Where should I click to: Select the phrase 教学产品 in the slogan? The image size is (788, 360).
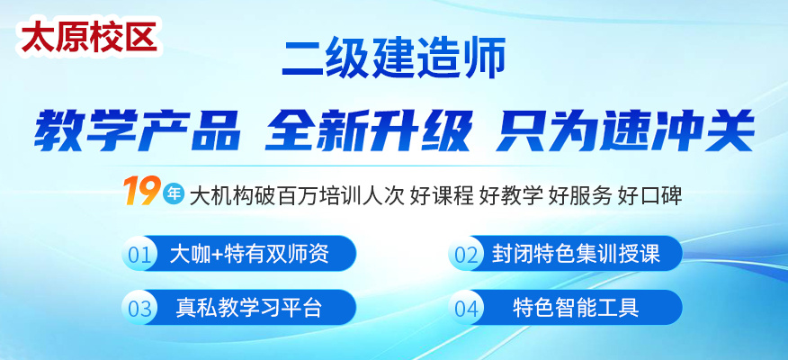point(138,130)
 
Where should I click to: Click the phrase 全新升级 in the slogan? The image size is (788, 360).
point(368,130)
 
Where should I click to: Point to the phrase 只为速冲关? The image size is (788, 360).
point(624,130)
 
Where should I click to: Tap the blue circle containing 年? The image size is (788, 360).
point(174,194)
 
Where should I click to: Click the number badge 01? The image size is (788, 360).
point(139,254)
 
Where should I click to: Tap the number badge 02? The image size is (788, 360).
point(466,254)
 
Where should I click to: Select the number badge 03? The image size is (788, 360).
point(139,308)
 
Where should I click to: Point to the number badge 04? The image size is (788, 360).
point(466,308)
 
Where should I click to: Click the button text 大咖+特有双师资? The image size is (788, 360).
point(249,254)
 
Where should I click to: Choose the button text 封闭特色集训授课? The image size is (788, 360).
point(576,254)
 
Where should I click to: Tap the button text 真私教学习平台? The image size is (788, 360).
point(249,308)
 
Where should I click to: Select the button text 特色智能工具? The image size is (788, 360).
point(576,308)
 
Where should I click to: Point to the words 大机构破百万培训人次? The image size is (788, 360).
point(297,195)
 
